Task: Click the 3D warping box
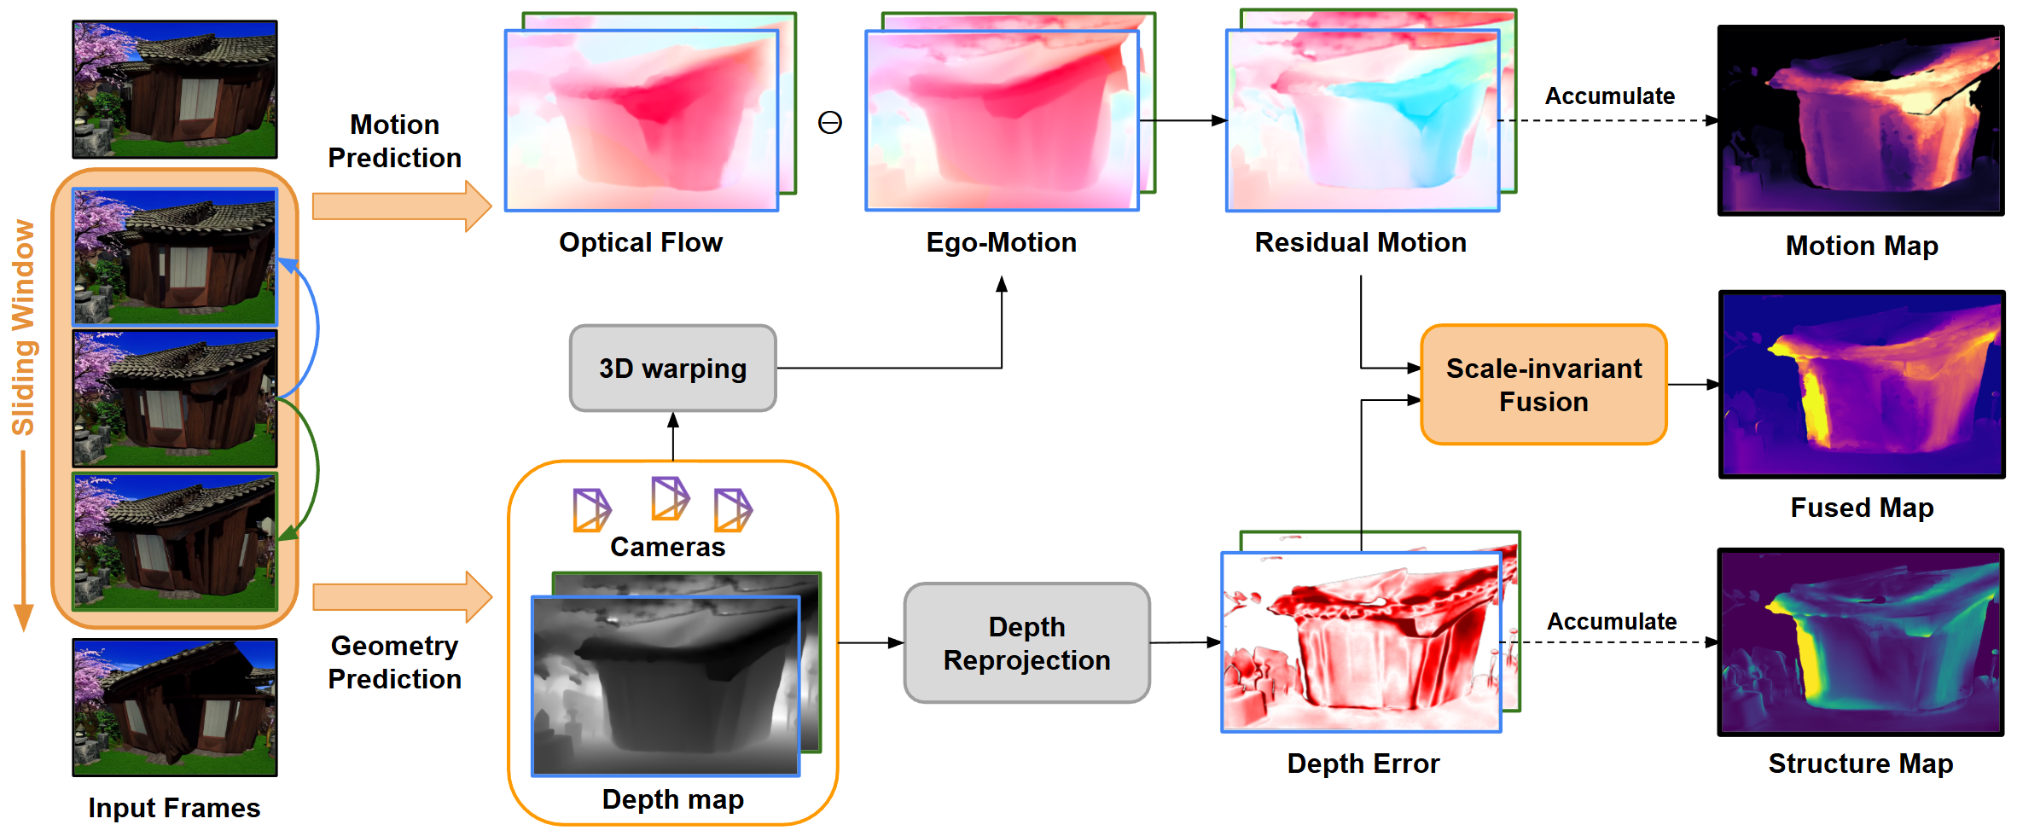pyautogui.click(x=672, y=369)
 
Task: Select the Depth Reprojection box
pyautogui.click(x=1026, y=643)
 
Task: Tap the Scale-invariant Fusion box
pyautogui.click(x=1543, y=385)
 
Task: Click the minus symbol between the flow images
pyautogui.click(x=829, y=123)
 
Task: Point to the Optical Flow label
pyautogui.click(x=640, y=242)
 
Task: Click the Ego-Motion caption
pyautogui.click(x=1001, y=242)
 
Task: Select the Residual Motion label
pyautogui.click(x=1360, y=242)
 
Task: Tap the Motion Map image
pyautogui.click(x=1860, y=120)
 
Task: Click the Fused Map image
pyautogui.click(x=1861, y=385)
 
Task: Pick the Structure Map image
pyautogui.click(x=1860, y=642)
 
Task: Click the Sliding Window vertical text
pyautogui.click(x=23, y=328)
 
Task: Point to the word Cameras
pyautogui.click(x=667, y=547)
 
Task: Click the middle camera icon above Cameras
pyautogui.click(x=669, y=498)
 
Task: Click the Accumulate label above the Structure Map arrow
pyautogui.click(x=1611, y=621)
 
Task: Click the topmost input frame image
pyautogui.click(x=175, y=90)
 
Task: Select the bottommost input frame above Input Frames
pyautogui.click(x=175, y=707)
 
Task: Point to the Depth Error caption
pyautogui.click(x=1363, y=763)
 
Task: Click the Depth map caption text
pyautogui.click(x=672, y=799)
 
